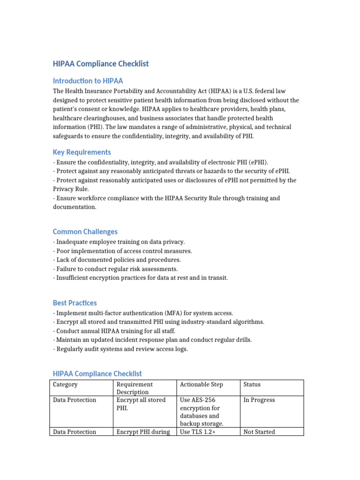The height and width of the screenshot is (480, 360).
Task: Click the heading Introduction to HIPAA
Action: tap(88, 81)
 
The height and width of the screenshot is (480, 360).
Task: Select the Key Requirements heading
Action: tap(82, 152)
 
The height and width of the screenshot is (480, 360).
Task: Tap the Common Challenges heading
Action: tap(85, 232)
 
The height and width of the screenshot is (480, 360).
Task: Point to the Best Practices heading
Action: tap(75, 303)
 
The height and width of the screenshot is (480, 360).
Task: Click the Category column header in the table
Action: tap(65, 384)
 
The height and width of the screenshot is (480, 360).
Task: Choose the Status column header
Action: tap(252, 384)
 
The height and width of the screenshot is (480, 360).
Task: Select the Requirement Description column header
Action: tap(135, 388)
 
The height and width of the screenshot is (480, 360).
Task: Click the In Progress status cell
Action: tap(259, 400)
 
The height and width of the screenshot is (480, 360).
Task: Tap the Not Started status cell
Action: tap(259, 432)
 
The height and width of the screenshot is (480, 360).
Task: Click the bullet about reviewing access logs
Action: tap(120, 349)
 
